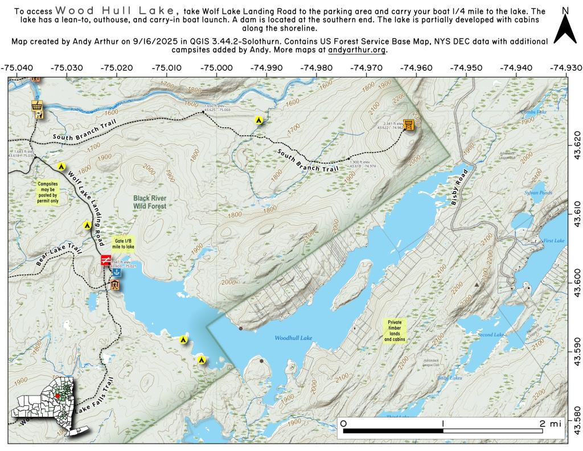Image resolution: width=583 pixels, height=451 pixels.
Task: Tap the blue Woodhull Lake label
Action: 293,338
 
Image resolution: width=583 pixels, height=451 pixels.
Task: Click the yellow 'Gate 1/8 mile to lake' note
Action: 123,244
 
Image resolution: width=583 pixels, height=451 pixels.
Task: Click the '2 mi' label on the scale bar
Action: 551,423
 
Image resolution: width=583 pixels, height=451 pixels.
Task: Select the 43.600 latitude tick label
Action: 575,275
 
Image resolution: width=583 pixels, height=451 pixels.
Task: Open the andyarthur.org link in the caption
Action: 357,50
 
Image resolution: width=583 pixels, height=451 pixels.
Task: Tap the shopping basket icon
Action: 38,106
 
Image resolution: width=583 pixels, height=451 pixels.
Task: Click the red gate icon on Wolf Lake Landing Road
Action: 106,261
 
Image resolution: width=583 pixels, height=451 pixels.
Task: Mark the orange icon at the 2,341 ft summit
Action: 408,125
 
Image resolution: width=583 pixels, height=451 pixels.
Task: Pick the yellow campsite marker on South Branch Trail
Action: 258,120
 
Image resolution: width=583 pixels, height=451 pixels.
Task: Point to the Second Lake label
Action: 491,334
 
